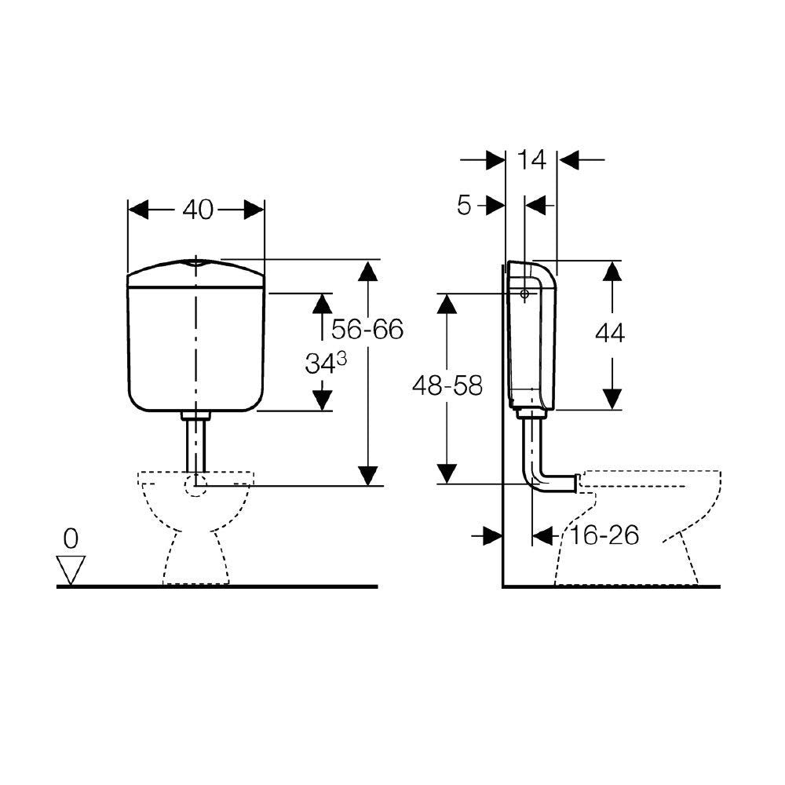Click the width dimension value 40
click(x=197, y=210)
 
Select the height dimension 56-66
click(x=367, y=329)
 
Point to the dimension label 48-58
click(x=447, y=385)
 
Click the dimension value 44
click(x=610, y=333)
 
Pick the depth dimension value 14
click(x=531, y=160)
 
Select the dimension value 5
click(x=464, y=206)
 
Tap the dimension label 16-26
click(x=605, y=535)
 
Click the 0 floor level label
click(x=71, y=539)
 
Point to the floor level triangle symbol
click(x=72, y=568)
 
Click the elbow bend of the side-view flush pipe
click(x=536, y=480)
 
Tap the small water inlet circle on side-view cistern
click(x=524, y=294)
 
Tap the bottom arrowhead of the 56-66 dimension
click(x=367, y=475)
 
